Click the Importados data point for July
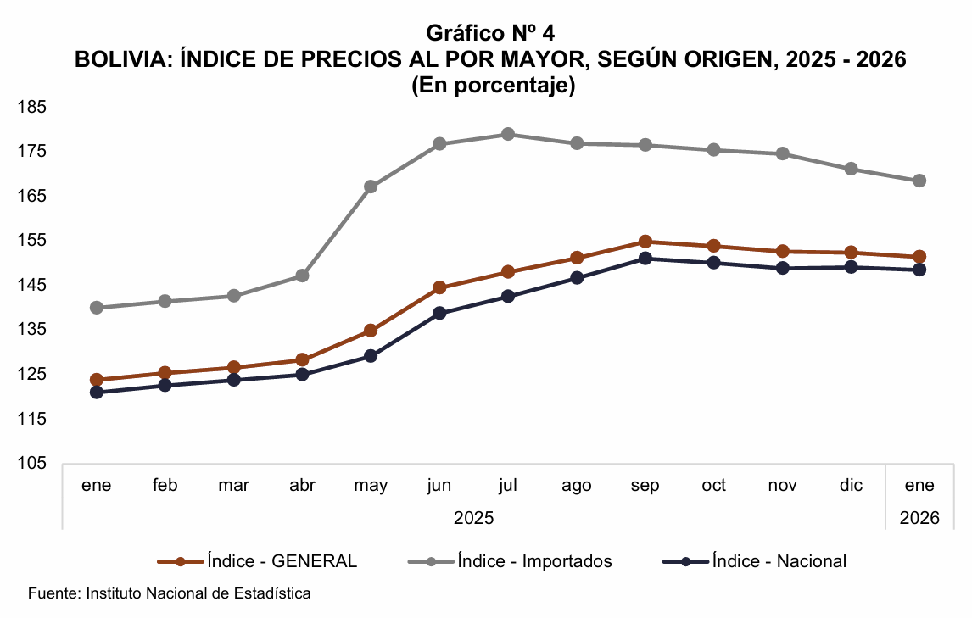coord(508,134)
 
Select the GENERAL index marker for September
coord(645,242)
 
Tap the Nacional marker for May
coord(371,356)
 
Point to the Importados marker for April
coord(302,276)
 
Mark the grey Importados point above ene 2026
coord(919,181)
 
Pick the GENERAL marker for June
coord(439,287)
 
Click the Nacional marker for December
coord(851,267)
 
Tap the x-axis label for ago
coord(577,486)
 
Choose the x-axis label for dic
coord(851,486)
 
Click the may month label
coord(371,486)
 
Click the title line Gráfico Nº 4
coord(491,33)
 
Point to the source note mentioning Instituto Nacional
coord(170,593)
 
